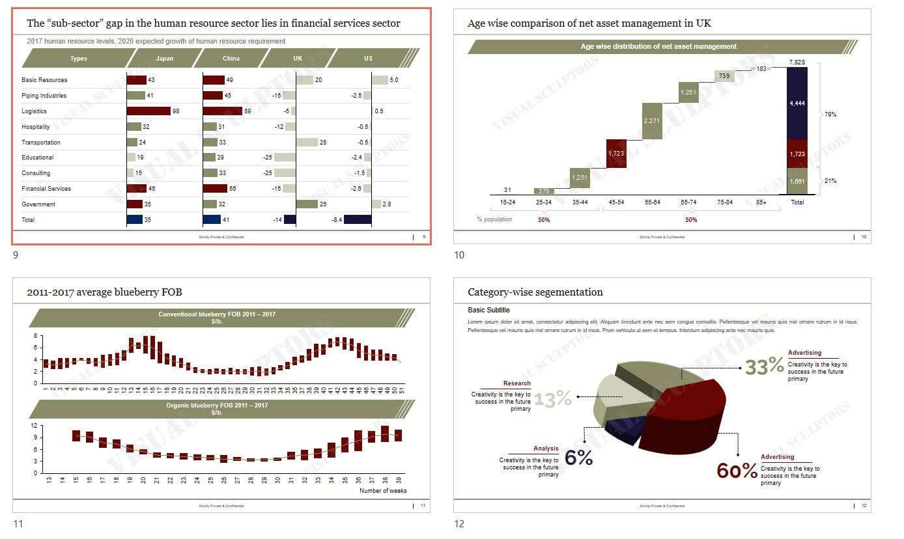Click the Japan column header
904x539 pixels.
point(164,59)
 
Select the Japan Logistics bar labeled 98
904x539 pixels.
point(148,111)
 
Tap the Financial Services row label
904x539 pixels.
point(46,189)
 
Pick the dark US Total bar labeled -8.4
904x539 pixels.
point(358,220)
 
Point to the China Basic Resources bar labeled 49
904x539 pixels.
point(214,80)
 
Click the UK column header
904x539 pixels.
point(298,59)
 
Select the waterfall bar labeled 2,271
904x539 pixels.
point(652,121)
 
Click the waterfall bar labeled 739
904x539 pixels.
point(724,76)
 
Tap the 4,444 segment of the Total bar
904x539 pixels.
point(797,103)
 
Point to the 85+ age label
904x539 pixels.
point(761,202)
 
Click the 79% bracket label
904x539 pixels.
point(830,115)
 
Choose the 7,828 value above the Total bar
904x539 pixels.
point(797,62)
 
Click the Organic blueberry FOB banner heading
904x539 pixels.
point(217,406)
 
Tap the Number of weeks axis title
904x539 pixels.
point(383,491)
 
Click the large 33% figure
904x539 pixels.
point(765,367)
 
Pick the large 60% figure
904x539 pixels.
point(737,471)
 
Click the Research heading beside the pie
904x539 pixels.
point(516,383)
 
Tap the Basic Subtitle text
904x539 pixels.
point(488,311)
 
